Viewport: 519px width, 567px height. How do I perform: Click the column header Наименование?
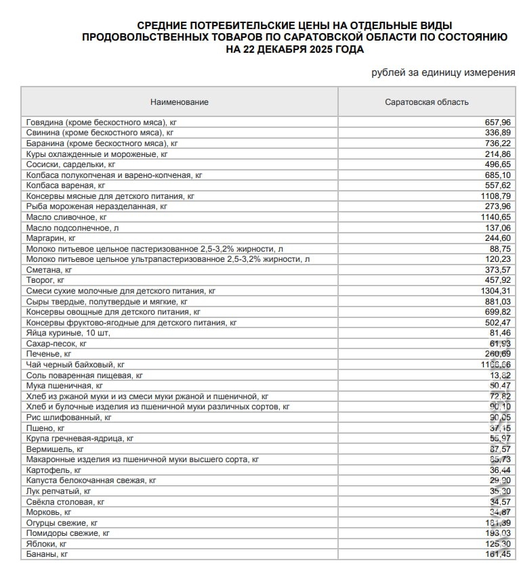click(x=180, y=102)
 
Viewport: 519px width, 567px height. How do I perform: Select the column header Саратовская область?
click(x=426, y=102)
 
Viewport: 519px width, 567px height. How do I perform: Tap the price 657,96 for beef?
click(x=497, y=122)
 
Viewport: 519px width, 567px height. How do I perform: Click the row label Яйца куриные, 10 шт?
click(x=68, y=333)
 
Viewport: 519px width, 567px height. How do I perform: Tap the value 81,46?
click(x=499, y=333)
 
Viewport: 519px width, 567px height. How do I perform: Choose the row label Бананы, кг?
click(x=47, y=554)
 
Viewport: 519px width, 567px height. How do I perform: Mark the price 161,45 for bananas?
click(x=497, y=554)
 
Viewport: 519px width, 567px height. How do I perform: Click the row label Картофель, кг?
click(x=54, y=470)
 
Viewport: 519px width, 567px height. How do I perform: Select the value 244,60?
click(x=497, y=238)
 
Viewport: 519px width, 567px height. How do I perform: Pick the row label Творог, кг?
click(x=45, y=279)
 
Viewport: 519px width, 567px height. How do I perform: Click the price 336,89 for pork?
click(x=497, y=133)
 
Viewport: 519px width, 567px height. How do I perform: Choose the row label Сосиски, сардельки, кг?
click(x=70, y=164)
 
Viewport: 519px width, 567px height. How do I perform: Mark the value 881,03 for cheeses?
click(x=497, y=301)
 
